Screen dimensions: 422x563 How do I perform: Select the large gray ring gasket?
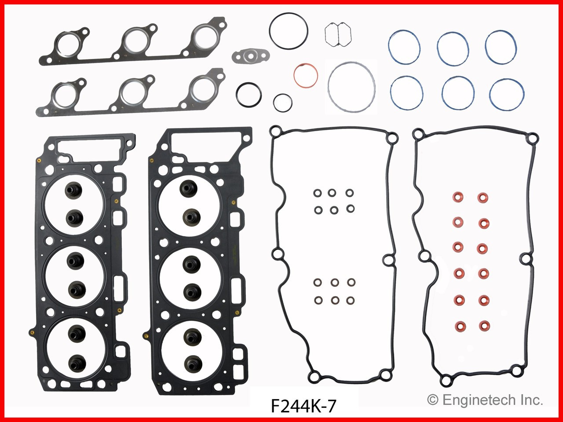(351, 86)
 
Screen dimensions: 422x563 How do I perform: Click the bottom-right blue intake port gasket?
(506, 95)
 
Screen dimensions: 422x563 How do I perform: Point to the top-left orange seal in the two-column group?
(458, 196)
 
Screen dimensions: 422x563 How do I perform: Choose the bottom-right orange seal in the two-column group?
(483, 327)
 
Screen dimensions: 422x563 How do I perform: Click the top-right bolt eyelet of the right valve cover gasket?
(533, 138)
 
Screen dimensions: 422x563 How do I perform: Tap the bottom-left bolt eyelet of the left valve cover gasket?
(314, 375)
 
